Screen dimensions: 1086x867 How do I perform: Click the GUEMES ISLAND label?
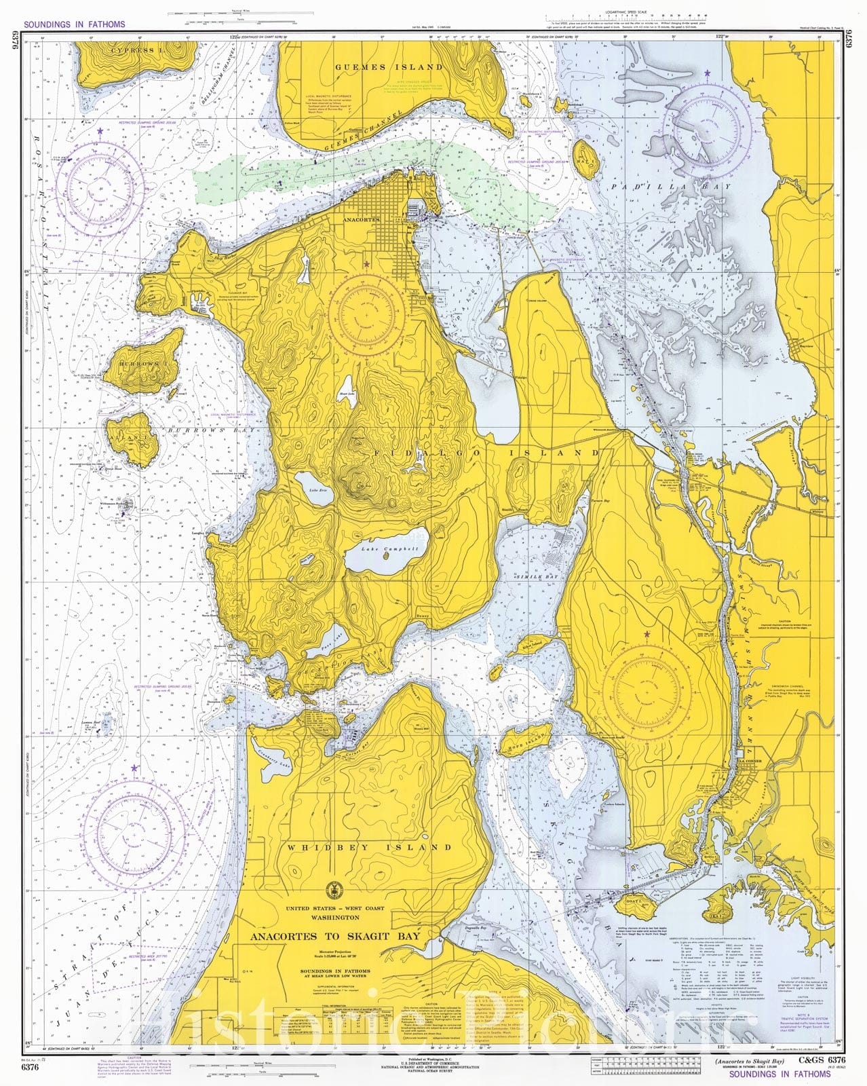pos(389,67)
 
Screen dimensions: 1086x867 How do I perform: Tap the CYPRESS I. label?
pos(134,50)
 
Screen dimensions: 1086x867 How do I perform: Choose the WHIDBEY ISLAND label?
pos(369,848)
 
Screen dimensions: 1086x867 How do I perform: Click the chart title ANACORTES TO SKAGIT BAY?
pos(335,937)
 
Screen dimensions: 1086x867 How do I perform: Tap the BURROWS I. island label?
pos(138,364)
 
